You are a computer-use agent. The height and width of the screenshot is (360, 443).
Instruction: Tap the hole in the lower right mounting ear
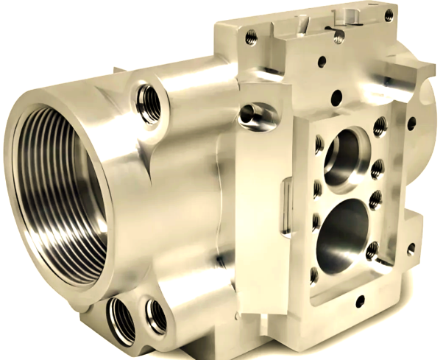(x=411, y=248)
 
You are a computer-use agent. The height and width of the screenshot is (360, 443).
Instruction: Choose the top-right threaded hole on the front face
(x=380, y=124)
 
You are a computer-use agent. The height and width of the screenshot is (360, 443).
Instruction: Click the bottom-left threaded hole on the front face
(x=314, y=276)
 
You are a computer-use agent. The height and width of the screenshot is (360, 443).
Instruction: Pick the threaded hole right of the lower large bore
(x=373, y=250)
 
